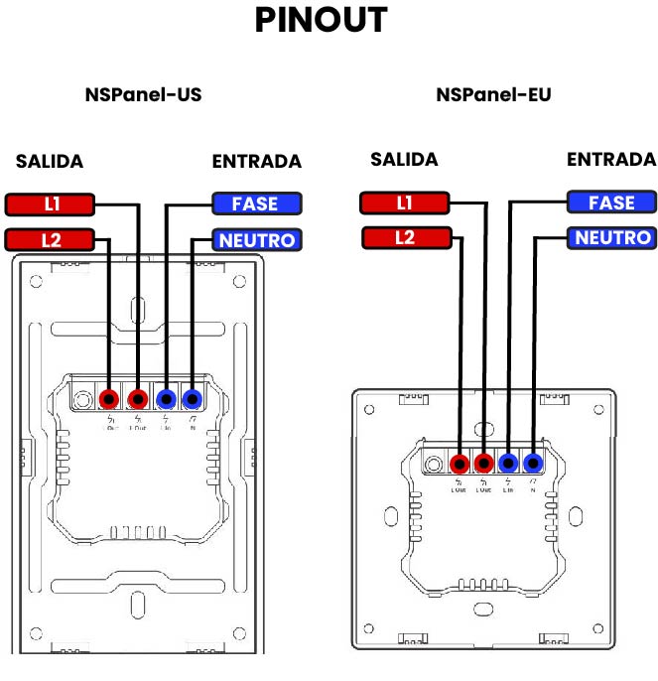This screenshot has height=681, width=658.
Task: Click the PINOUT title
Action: pos(321,21)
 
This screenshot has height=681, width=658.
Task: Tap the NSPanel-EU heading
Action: pos(493,95)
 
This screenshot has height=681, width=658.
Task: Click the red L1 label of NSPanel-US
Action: pos(51,204)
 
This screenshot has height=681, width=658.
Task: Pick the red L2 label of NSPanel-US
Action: pos(51,239)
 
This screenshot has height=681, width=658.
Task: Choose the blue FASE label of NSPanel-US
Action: pos(255,204)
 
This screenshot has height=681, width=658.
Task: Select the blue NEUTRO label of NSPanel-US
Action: pos(257,239)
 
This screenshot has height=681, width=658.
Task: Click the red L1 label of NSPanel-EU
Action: pos(404,203)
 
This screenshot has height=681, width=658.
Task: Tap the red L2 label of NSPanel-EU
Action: pos(404,237)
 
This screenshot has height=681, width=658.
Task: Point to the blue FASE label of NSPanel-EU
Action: pos(611,203)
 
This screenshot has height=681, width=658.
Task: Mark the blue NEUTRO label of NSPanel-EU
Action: pos(612,237)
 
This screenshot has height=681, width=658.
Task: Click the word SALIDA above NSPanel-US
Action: pos(50,162)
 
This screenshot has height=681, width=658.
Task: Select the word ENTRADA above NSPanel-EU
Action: pos(611,159)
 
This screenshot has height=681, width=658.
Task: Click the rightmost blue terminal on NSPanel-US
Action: pos(192,399)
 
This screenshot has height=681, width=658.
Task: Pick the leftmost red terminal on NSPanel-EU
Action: pos(460,464)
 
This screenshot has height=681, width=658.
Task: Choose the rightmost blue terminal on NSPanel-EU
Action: pos(534,464)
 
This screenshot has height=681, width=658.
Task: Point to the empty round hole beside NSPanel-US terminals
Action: pos(82,399)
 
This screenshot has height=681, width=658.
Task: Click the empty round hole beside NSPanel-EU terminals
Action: pos(434,464)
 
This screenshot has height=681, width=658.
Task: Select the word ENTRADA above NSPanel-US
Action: pos(256,162)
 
